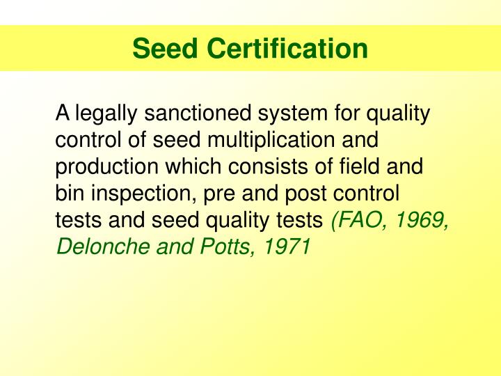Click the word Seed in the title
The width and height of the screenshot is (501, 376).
[x=162, y=49]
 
